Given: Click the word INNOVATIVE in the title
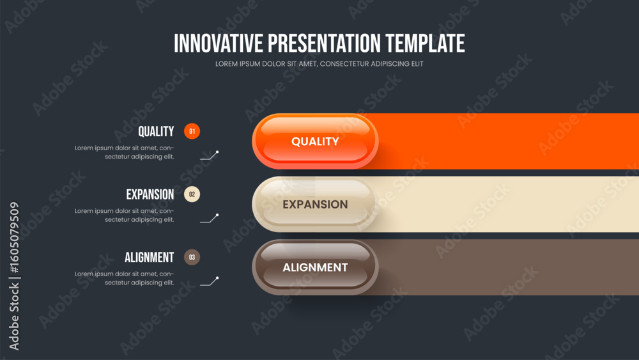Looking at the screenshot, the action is pyautogui.click(x=219, y=43).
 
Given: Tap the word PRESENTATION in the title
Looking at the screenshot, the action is pyautogui.click(x=324, y=43).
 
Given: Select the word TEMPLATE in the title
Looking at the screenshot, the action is pyautogui.click(x=425, y=43).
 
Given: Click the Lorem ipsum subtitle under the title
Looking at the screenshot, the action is pyautogui.click(x=319, y=64).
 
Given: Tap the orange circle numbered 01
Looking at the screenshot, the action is pyautogui.click(x=192, y=131).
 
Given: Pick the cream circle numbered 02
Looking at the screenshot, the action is pyautogui.click(x=192, y=194).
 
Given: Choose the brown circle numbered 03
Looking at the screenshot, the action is pyautogui.click(x=192, y=257).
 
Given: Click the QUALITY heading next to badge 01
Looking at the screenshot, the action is pyautogui.click(x=156, y=131).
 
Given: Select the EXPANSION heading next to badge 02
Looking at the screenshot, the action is pyautogui.click(x=150, y=194).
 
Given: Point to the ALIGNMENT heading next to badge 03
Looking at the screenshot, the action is pyautogui.click(x=149, y=257).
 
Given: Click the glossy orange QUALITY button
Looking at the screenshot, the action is pyautogui.click(x=315, y=141).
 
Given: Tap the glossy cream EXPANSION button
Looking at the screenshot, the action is pyautogui.click(x=315, y=204).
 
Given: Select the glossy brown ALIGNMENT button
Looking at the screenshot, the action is pyautogui.click(x=315, y=267).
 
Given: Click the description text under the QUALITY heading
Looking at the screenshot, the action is pyautogui.click(x=125, y=152).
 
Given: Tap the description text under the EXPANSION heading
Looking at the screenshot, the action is pyautogui.click(x=125, y=215).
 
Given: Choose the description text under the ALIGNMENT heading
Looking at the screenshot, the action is pyautogui.click(x=125, y=278).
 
